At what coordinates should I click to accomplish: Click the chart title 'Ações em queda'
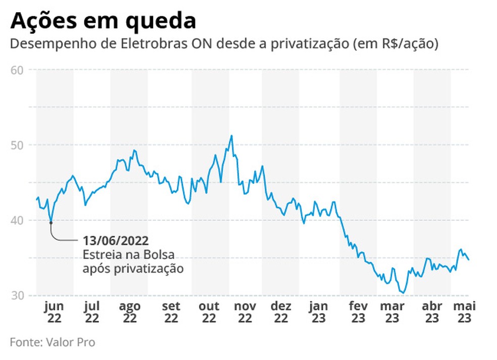(103, 21)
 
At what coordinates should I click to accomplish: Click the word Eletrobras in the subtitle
(146, 44)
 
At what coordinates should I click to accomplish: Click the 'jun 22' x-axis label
(54, 312)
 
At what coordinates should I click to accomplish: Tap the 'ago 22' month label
(130, 312)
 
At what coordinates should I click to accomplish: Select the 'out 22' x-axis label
(209, 312)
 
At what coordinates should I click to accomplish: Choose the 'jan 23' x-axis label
(318, 312)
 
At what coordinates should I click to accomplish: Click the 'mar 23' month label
(392, 312)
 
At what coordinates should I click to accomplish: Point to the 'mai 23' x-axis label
(464, 312)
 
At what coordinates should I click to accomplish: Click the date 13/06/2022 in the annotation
(116, 240)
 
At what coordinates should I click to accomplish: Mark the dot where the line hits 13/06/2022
(51, 222)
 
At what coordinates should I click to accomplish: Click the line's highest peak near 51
(231, 135)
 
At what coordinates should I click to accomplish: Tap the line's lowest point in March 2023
(403, 292)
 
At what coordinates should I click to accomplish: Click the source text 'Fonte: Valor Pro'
(53, 342)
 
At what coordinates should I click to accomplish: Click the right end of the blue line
(468, 260)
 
